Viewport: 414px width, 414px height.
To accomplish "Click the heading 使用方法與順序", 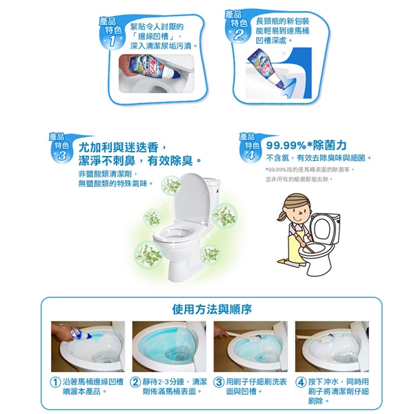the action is (212, 309).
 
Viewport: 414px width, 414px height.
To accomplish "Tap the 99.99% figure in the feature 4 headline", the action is (286, 146).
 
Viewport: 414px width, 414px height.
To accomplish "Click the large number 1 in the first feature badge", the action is (112, 41).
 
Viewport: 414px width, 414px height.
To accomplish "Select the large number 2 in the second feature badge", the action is (238, 35).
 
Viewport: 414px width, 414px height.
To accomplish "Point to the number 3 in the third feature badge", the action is (62, 156).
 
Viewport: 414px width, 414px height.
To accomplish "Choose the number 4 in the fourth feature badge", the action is (250, 155).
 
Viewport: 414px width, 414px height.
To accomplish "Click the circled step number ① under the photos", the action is (55, 382).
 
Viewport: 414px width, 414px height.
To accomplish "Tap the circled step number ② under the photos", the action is (135, 382).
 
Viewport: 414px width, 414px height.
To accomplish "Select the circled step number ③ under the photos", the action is (218, 382).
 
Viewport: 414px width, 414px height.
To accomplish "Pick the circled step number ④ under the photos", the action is (300, 382).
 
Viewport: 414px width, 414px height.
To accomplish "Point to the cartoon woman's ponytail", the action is (282, 215).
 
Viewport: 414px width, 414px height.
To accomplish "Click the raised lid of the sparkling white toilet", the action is (188, 199).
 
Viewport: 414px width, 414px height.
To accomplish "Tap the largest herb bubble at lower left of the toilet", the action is (148, 255).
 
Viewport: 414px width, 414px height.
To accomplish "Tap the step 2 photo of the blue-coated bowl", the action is (169, 346).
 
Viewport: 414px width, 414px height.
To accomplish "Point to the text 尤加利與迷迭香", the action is (119, 148).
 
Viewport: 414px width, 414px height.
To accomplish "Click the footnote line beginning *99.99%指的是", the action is (310, 170).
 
